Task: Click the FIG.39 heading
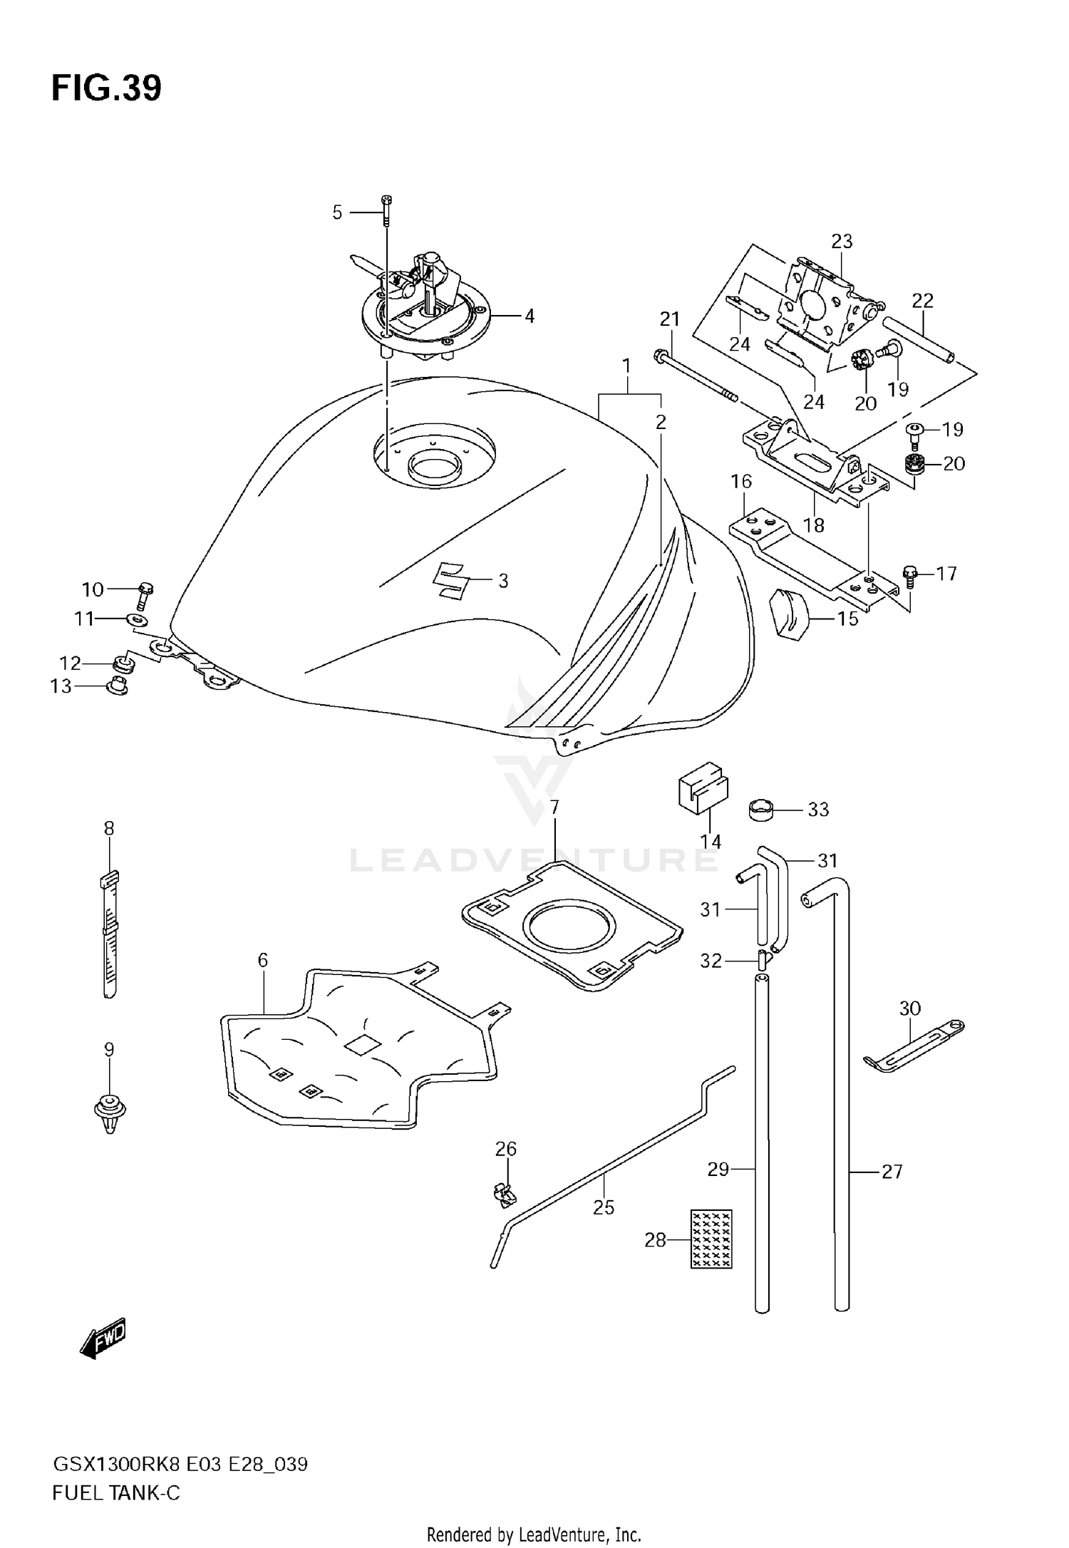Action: pos(106,89)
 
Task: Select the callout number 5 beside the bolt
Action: pos(337,212)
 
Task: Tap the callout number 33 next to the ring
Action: pos(818,810)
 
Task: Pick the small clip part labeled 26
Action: pos(504,1194)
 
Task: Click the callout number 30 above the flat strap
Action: pos(910,1008)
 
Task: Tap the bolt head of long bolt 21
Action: pos(659,354)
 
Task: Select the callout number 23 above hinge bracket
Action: pos(842,242)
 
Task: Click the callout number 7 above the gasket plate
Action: pos(554,807)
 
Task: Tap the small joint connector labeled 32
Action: pos(763,961)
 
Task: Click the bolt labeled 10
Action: pos(145,593)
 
